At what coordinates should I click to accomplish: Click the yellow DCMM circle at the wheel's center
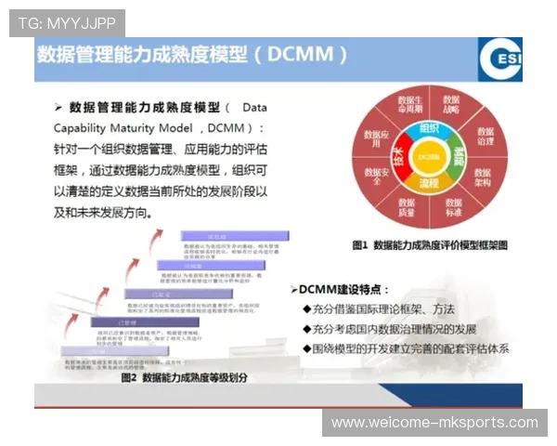428,157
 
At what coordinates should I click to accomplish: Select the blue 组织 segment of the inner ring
428,128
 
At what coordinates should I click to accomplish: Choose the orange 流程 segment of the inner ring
428,184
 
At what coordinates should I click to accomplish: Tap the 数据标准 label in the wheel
452,209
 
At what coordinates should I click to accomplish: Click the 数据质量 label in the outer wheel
407,210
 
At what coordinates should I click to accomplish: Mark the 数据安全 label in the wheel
373,178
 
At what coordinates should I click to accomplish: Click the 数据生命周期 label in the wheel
408,104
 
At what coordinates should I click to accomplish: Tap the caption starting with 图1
430,245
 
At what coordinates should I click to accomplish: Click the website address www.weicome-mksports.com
434,423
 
